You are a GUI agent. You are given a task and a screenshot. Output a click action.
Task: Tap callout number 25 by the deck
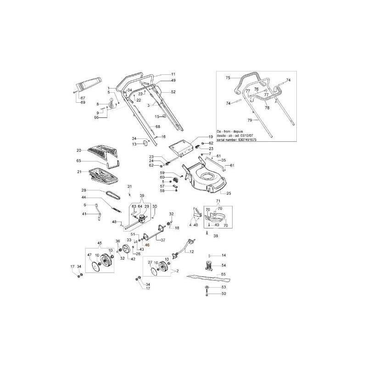(x=228, y=193)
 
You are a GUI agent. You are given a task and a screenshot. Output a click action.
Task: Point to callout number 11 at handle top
(x=173, y=74)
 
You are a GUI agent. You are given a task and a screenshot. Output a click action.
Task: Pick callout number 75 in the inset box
(x=227, y=78)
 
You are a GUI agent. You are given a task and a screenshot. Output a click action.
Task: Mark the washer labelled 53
(x=207, y=287)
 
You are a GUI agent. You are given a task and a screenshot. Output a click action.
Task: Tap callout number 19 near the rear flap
(x=211, y=137)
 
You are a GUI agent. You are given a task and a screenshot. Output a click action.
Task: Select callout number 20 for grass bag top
(x=78, y=150)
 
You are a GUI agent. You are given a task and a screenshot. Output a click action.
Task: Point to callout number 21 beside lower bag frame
(x=78, y=172)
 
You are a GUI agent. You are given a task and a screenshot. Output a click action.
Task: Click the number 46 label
(x=147, y=245)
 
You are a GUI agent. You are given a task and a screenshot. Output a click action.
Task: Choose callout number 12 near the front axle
(x=191, y=252)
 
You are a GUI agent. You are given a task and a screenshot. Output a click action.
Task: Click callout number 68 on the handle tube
(x=157, y=126)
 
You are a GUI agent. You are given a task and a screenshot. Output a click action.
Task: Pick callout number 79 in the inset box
(x=250, y=120)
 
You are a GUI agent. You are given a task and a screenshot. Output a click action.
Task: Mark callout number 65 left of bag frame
(x=78, y=161)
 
